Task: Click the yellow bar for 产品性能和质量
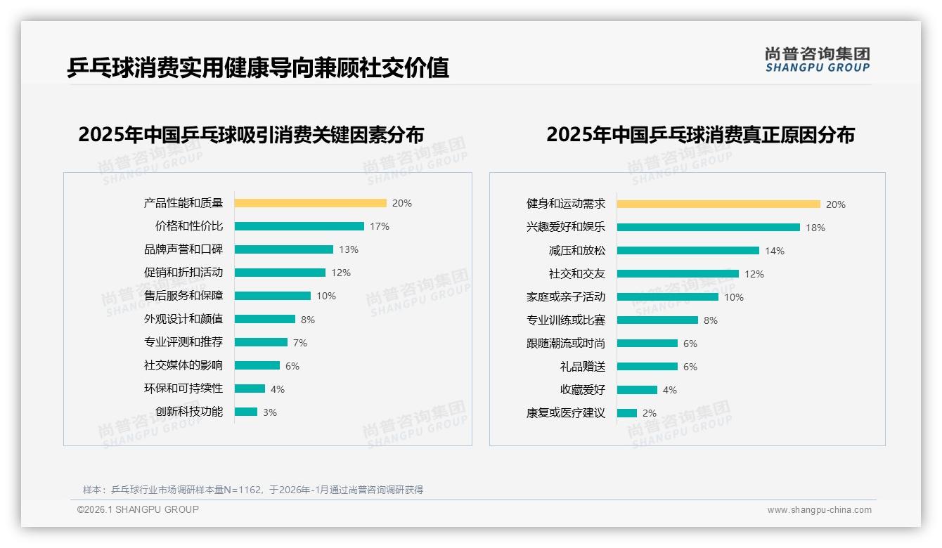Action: point(310,203)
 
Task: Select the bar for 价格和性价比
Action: point(299,226)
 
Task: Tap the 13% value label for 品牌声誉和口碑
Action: point(348,249)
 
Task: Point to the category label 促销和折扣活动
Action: point(183,273)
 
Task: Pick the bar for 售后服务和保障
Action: point(272,296)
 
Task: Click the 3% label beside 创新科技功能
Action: point(270,412)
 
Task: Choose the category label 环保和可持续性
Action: point(183,389)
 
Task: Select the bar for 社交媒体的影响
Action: point(257,365)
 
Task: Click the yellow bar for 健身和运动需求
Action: point(718,204)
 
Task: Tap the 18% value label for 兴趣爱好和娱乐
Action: point(815,228)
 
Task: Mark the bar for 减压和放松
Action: point(688,251)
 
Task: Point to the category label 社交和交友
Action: point(576,274)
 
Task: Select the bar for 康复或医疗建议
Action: point(626,413)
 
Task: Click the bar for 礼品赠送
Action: point(647,367)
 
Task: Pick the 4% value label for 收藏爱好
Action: point(669,390)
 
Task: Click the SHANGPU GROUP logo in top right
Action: point(817,60)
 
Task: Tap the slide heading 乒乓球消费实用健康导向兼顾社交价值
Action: point(257,68)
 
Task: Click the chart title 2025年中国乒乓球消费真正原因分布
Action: point(700,134)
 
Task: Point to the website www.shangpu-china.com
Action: point(819,510)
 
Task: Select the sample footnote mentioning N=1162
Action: point(253,490)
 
